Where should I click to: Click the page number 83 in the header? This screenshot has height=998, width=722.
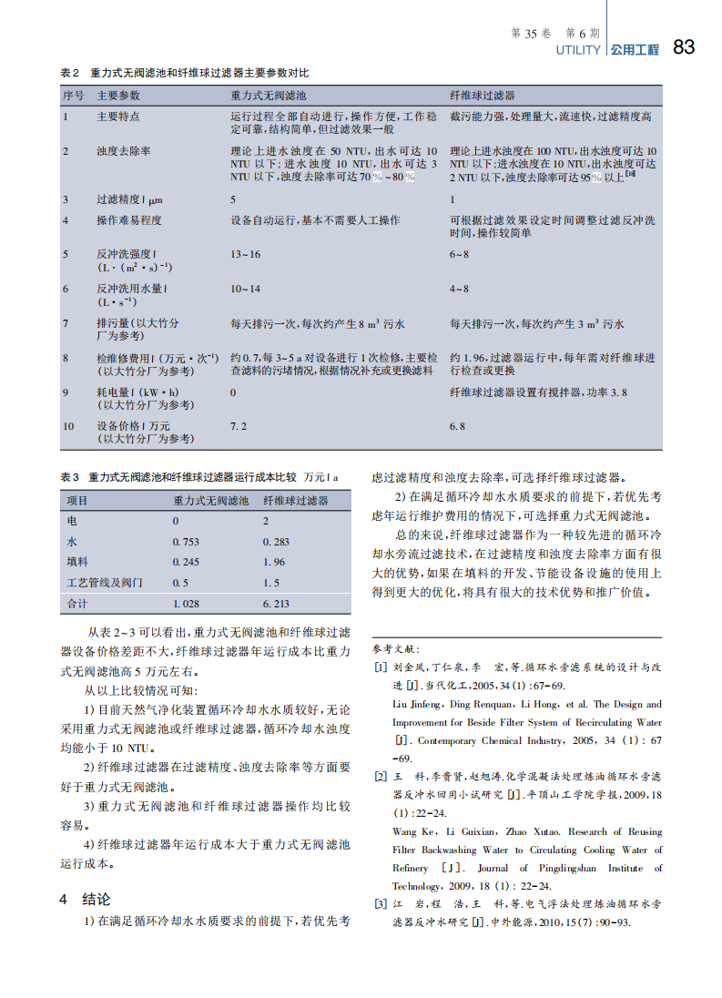tap(683, 48)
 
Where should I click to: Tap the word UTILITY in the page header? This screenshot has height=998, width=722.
tap(578, 50)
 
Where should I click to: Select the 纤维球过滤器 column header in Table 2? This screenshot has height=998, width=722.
tap(483, 95)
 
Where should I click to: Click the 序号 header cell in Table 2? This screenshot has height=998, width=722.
tap(73, 95)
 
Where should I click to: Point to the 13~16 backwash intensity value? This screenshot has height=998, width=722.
tap(245, 254)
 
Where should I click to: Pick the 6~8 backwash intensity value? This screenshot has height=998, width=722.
tap(459, 254)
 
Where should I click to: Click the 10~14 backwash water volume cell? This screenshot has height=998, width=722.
tap(245, 289)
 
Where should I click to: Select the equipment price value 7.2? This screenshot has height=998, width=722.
tap(239, 425)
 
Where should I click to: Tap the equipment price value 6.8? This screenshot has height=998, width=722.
tap(457, 425)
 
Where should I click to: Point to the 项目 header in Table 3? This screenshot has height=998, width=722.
tap(78, 501)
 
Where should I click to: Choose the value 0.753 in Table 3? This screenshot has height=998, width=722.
tap(186, 542)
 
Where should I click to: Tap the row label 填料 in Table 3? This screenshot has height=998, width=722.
tap(78, 562)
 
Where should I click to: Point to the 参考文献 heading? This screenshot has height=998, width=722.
tap(398, 649)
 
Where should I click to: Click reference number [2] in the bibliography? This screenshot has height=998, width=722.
tap(381, 777)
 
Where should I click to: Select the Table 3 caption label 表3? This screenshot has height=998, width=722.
tap(70, 477)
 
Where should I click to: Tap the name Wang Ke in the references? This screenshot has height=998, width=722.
tap(410, 831)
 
